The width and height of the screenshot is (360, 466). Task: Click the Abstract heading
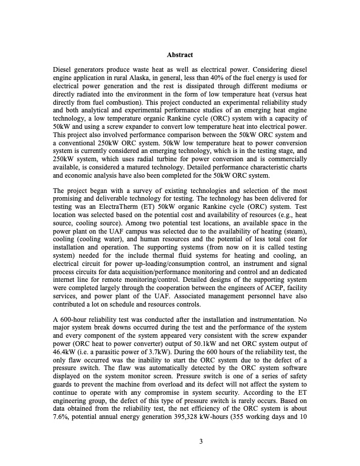pos(180,55)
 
